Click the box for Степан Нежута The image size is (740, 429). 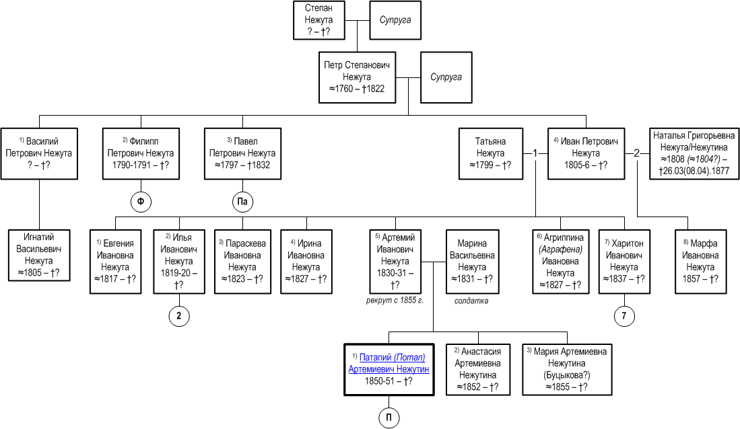(319, 20)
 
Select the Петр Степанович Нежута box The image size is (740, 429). (358, 77)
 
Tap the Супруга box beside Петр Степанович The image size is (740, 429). (446, 77)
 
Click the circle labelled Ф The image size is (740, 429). (141, 202)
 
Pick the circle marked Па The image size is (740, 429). (242, 202)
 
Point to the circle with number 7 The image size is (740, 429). (624, 316)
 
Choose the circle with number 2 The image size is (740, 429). (179, 316)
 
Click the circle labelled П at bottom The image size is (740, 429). (389, 418)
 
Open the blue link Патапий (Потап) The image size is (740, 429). (392, 357)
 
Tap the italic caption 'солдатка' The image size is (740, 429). (471, 301)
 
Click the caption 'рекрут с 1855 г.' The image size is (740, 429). (395, 301)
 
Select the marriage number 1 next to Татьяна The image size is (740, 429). (535, 153)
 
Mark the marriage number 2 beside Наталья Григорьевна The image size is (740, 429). (637, 153)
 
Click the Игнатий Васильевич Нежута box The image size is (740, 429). (39, 255)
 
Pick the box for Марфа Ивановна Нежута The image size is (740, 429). (700, 262)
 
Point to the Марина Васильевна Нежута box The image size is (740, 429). (473, 262)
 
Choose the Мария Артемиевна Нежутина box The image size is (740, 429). (567, 370)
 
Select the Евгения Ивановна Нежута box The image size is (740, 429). (116, 262)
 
